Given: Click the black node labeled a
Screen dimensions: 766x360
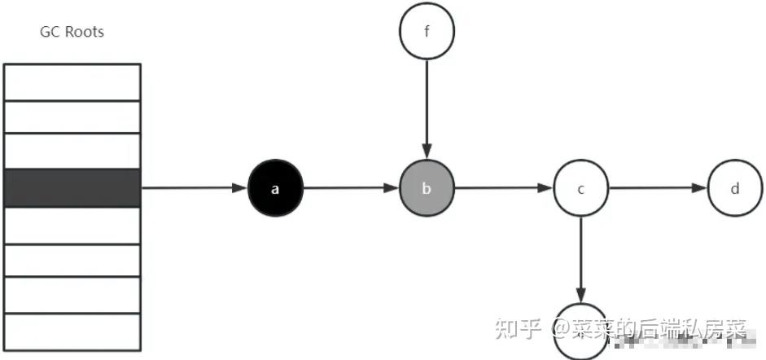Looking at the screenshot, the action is pyautogui.click(x=275, y=188).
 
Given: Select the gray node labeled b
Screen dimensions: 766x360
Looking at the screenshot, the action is pyautogui.click(x=427, y=188).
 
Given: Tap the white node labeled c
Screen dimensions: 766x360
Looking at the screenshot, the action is pyautogui.click(x=580, y=189).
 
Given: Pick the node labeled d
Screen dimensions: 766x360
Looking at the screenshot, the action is pyautogui.click(x=734, y=189).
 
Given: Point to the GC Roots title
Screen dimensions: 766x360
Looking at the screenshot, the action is pyautogui.click(x=72, y=33).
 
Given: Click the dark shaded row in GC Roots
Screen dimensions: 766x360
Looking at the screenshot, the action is pyautogui.click(x=72, y=188).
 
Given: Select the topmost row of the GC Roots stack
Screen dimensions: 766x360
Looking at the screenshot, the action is pyautogui.click(x=72, y=82).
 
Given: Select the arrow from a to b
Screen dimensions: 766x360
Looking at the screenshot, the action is pyautogui.click(x=351, y=188).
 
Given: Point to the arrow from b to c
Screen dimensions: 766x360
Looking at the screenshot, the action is pyautogui.click(x=503, y=188).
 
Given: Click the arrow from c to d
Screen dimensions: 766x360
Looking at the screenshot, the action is pyautogui.click(x=657, y=188).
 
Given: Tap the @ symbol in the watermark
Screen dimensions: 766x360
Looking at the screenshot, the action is pyautogui.click(x=557, y=329).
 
